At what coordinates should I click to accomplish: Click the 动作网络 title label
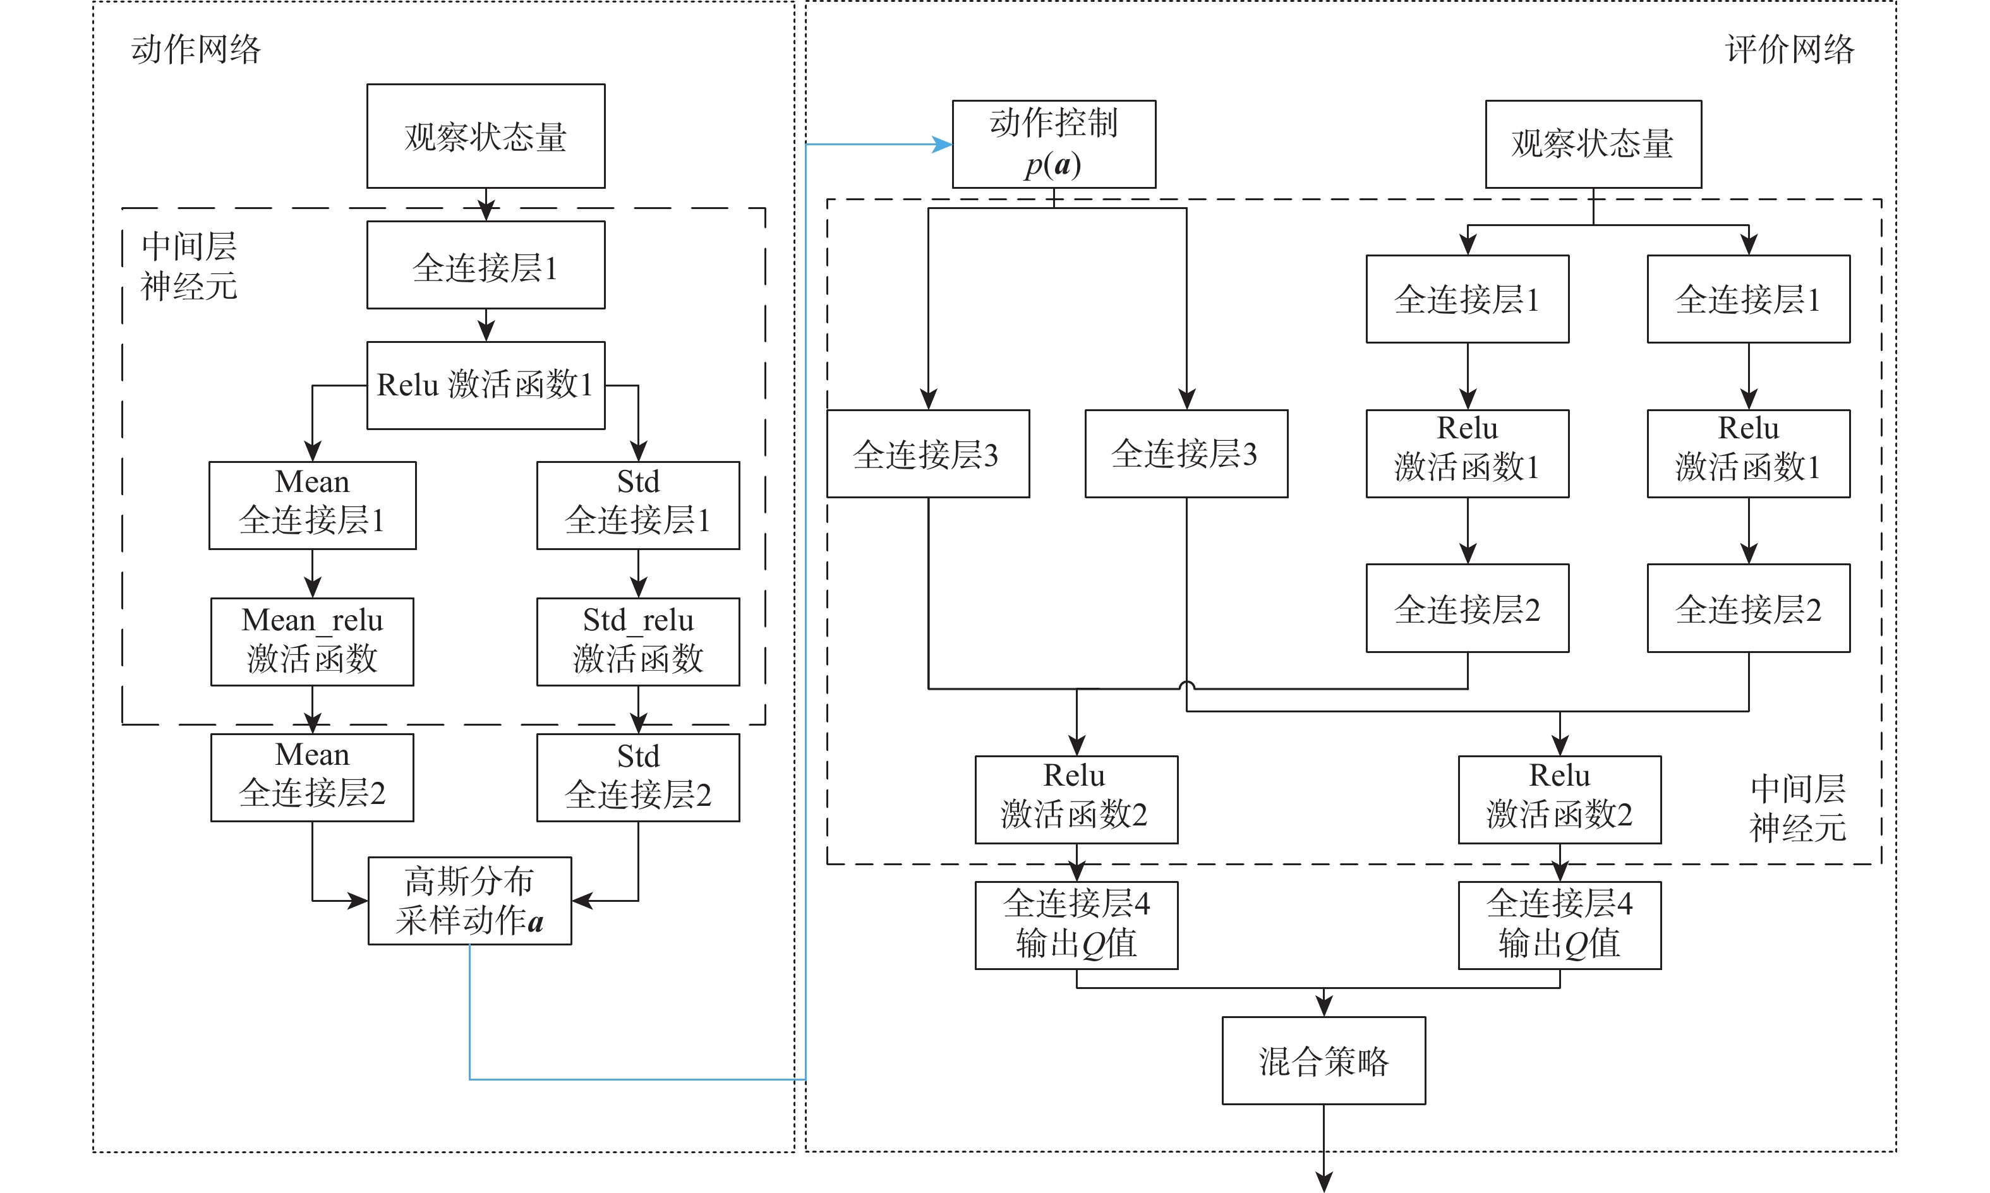[x=196, y=50]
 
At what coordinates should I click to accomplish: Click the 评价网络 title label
[x=1789, y=50]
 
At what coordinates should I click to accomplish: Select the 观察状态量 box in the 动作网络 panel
[x=486, y=136]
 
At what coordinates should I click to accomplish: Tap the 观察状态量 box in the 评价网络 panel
[x=1593, y=144]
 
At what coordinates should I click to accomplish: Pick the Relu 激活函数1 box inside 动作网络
[x=486, y=385]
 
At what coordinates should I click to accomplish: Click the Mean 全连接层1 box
[x=312, y=505]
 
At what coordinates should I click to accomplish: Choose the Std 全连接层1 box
[x=637, y=505]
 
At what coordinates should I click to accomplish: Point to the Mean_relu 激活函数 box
[x=312, y=641]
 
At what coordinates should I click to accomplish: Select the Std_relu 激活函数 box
[x=637, y=641]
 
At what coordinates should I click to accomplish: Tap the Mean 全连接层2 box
[x=312, y=777]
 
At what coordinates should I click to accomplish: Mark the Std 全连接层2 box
[x=637, y=777]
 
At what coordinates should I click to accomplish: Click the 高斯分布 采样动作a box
[x=469, y=901]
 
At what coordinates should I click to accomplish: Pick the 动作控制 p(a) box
[x=1053, y=144]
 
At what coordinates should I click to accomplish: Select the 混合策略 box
[x=1324, y=1060]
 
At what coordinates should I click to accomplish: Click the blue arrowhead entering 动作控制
[x=943, y=145]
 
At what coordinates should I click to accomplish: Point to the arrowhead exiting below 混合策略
[x=1324, y=1181]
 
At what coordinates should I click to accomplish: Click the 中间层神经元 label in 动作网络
[x=189, y=266]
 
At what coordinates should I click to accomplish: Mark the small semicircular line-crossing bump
[x=1187, y=686]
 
